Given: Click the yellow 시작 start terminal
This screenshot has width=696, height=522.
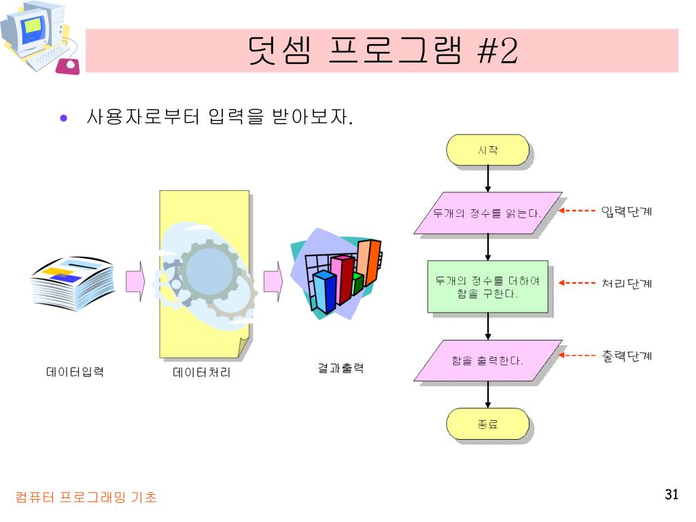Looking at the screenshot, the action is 487,150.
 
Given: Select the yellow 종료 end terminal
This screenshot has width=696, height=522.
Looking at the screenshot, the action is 487,424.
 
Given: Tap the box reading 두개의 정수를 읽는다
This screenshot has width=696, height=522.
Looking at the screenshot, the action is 488,213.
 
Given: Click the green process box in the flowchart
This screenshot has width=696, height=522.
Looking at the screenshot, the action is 488,287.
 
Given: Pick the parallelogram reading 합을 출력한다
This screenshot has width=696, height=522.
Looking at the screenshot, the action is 488,360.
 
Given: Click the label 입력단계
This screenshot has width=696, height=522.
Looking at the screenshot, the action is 626,211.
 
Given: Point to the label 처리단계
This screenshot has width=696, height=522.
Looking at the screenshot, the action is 626,283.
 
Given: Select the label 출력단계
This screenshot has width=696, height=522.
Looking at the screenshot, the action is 626,355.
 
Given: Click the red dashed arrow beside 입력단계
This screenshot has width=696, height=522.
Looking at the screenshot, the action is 576,211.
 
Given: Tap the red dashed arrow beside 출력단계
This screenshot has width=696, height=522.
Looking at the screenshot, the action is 576,355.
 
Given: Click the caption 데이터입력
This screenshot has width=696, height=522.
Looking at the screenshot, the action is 75,372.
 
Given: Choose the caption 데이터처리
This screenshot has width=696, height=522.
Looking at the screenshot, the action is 201,372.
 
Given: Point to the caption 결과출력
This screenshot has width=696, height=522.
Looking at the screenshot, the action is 341,368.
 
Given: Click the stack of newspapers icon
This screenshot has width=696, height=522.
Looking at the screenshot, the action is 73,283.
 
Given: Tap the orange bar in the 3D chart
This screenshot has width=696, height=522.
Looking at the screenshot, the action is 369,262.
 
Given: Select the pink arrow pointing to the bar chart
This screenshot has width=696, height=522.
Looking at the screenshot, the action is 273,281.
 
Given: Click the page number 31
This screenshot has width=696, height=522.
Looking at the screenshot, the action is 671,495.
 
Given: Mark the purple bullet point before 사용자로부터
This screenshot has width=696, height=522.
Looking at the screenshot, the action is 63,118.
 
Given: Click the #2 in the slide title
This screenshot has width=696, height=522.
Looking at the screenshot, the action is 497,50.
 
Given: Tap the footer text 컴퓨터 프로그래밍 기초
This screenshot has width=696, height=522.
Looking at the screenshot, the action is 86,497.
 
